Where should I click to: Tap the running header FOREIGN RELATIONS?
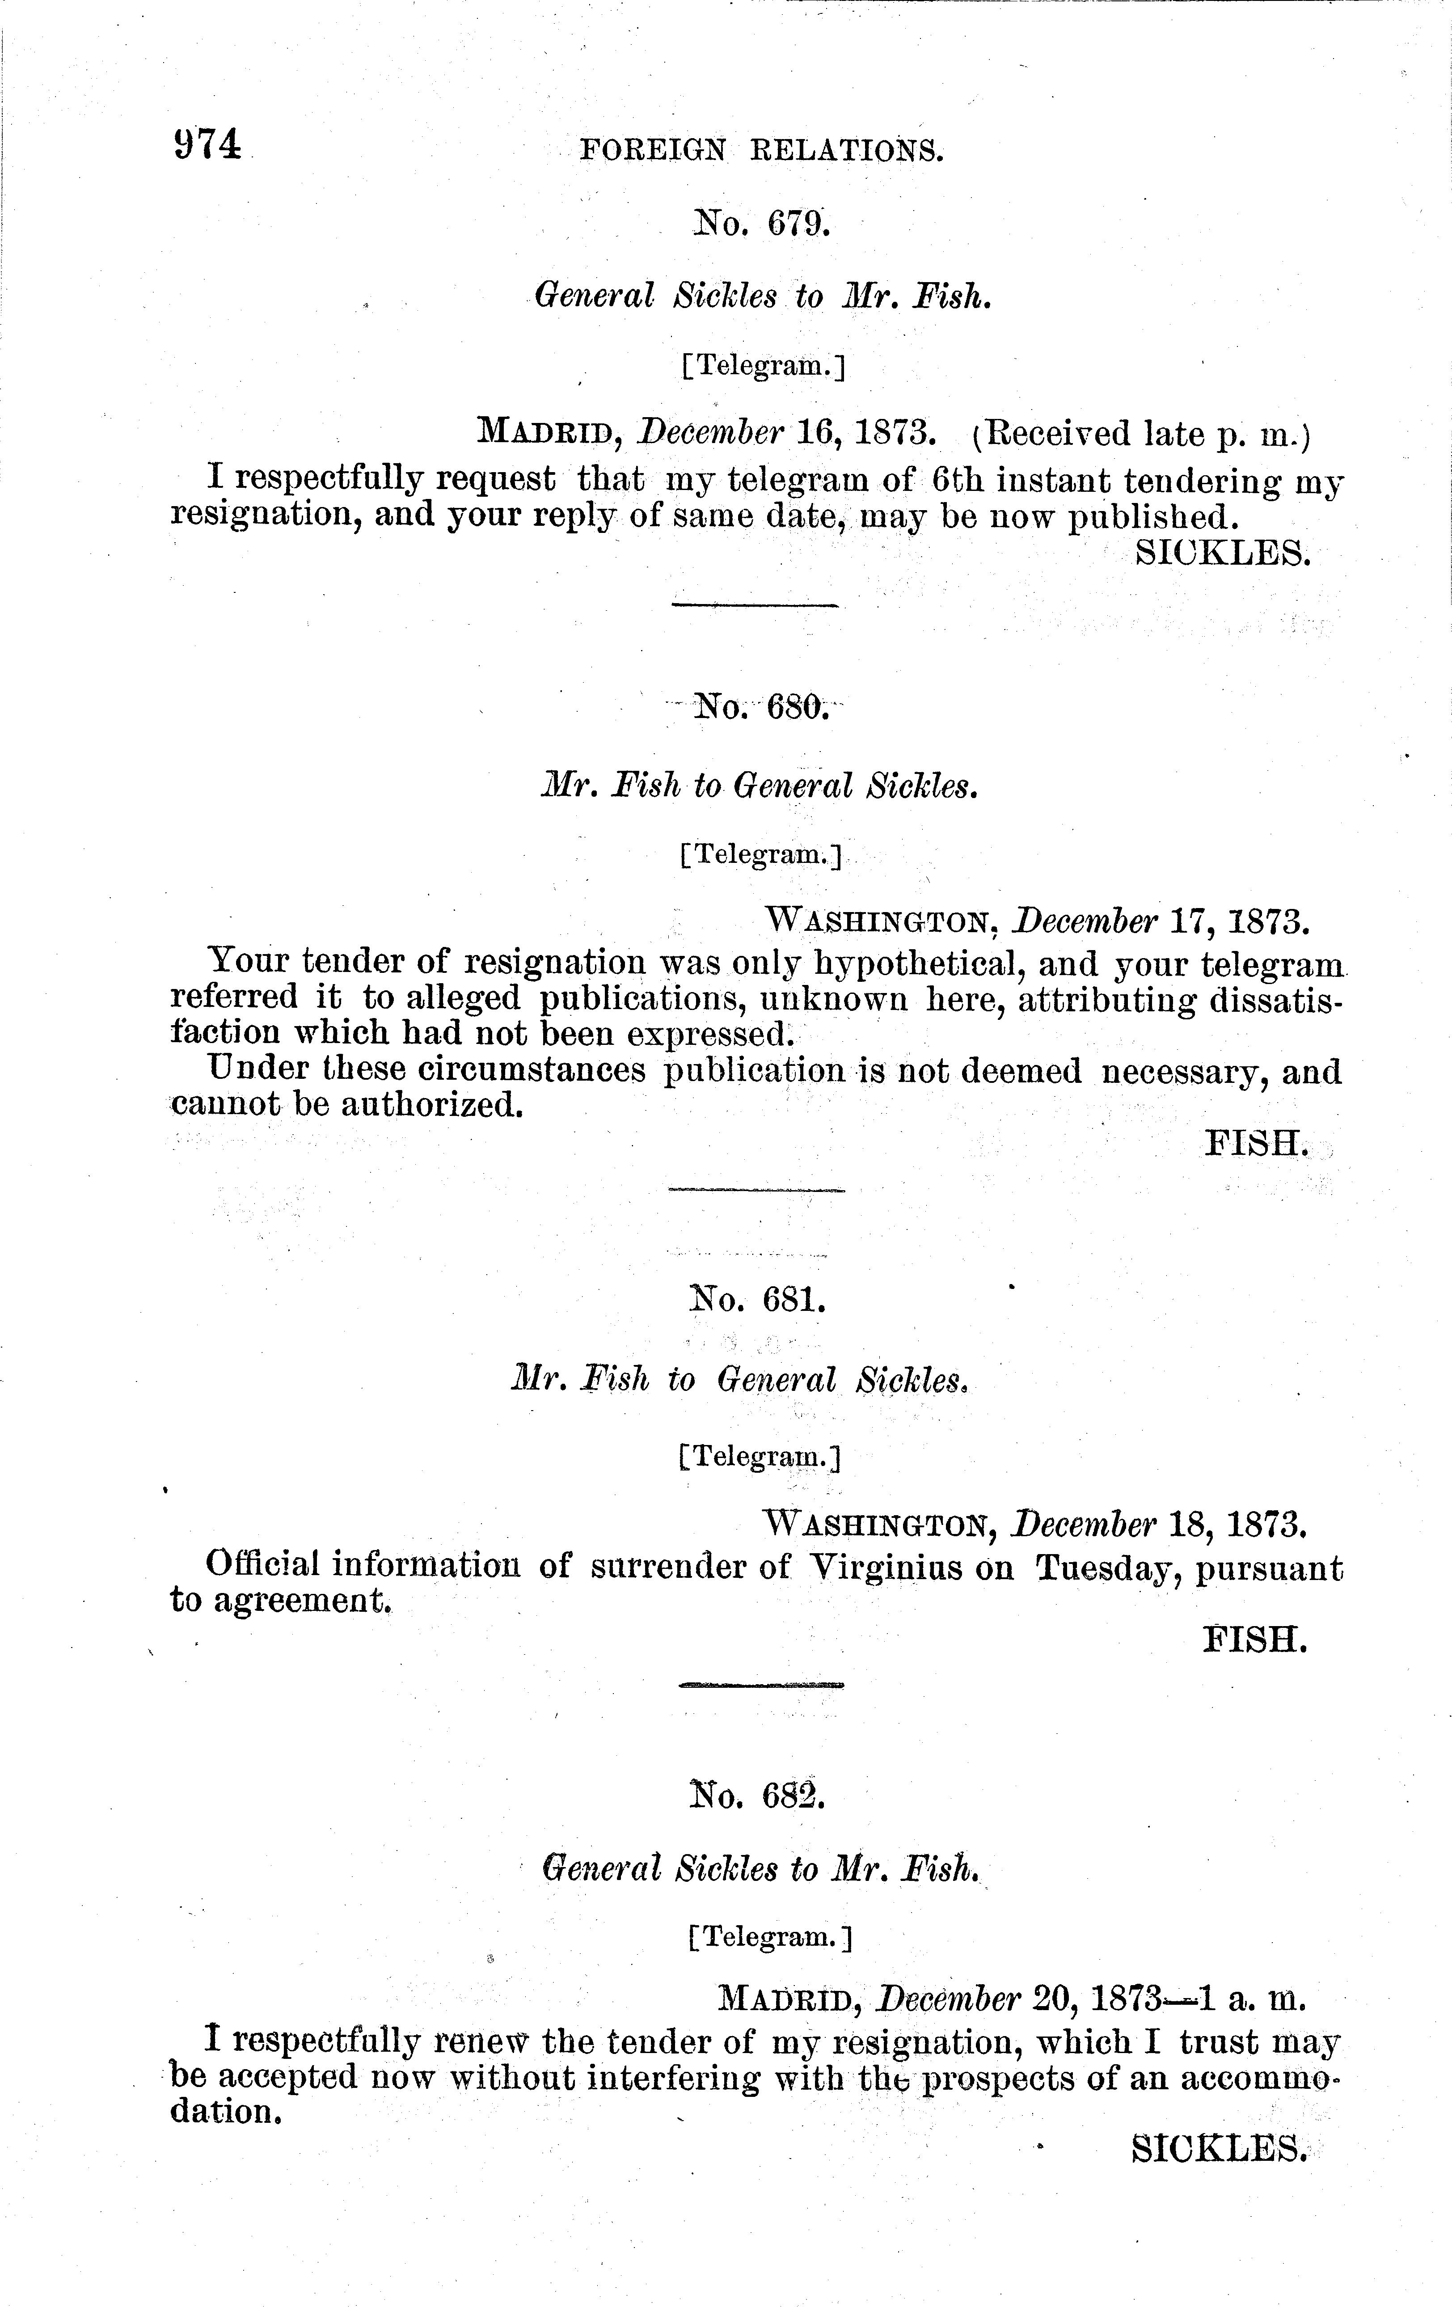(x=761, y=150)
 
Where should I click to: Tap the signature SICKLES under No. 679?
(x=1221, y=553)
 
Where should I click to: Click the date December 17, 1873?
(x=1159, y=923)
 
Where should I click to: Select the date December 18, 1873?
(x=1159, y=1523)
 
